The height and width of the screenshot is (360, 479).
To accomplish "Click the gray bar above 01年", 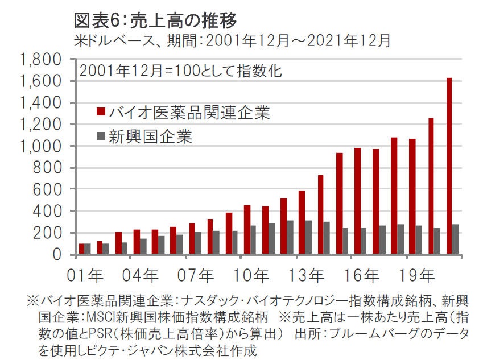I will [x=88, y=249].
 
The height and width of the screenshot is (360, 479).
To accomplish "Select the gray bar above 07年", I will [x=198, y=243].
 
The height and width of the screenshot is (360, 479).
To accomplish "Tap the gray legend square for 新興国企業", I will [x=101, y=136].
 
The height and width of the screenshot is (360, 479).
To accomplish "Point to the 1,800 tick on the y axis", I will [x=40, y=60].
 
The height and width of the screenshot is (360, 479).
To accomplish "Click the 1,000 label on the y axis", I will [x=40, y=146].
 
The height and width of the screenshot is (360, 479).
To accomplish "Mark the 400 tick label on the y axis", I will [x=48, y=211].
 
